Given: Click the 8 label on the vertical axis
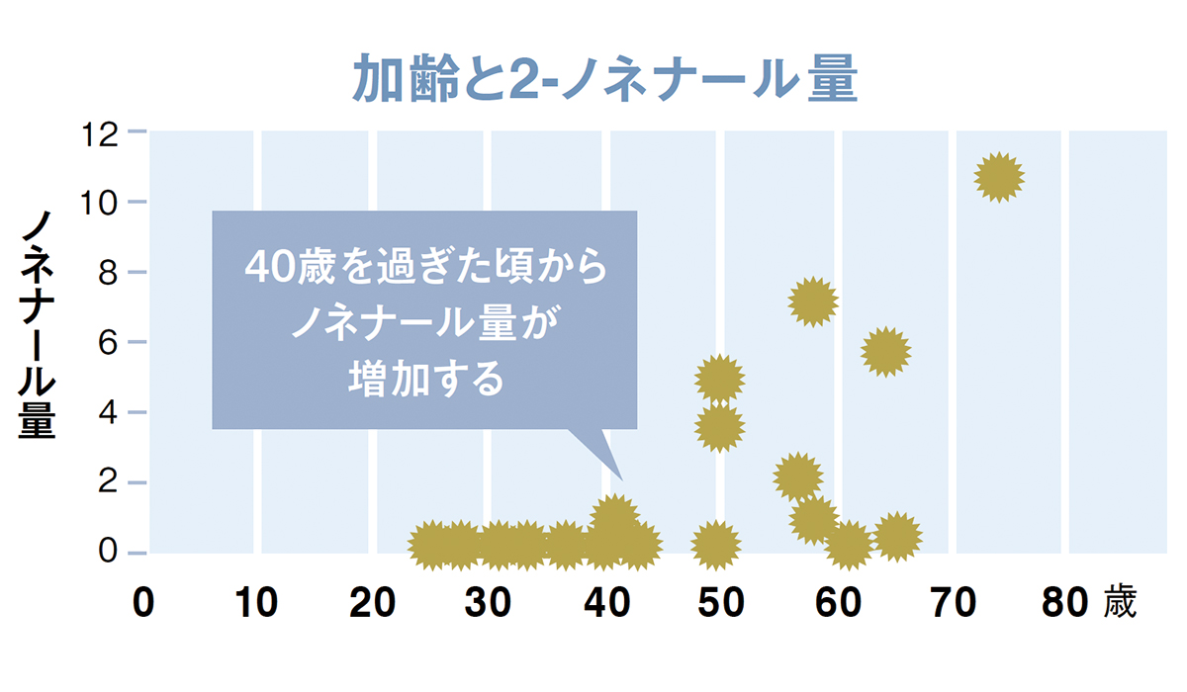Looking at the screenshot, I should pos(110,272).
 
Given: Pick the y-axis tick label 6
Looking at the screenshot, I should pos(110,342).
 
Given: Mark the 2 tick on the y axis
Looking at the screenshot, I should pos(110,482).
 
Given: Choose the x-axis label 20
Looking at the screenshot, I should pos(373,603).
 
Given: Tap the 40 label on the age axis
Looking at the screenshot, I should pos(604,603).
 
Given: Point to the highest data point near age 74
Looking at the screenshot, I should pos(998,178).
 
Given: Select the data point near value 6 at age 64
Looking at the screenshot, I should pos(885,351).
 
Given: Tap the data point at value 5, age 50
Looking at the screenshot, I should pos(719,378).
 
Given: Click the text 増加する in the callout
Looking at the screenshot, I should pos(425,380).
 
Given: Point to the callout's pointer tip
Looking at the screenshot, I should pos(621,478).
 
